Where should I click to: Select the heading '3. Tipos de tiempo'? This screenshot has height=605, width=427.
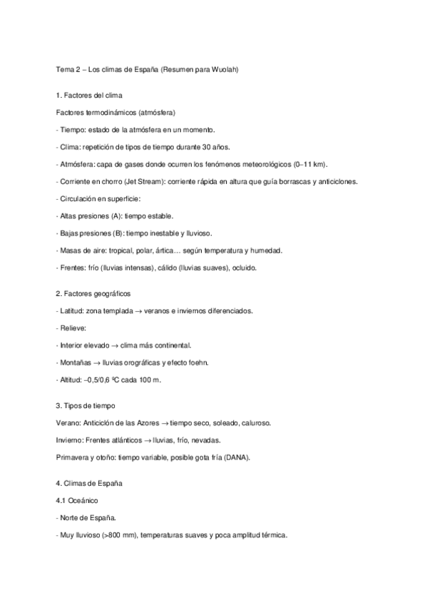(86, 405)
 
